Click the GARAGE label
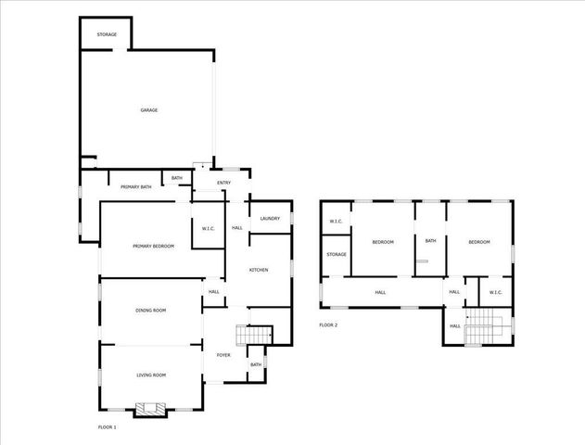pos(148,110)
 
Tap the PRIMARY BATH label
pos(135,187)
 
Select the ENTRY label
pos(223,183)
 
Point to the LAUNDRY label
pos(270,218)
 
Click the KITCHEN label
pos(259,270)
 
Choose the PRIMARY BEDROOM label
pos(153,246)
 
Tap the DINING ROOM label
pos(150,310)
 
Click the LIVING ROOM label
pos(150,375)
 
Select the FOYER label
pos(223,355)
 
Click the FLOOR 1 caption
pos(108,426)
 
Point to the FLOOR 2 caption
pos(328,324)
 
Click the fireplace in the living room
pos(148,408)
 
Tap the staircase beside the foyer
pos(255,334)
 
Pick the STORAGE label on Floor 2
pos(337,254)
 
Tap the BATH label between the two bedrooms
pos(430,241)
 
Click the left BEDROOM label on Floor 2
pos(383,242)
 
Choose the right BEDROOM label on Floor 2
pos(478,242)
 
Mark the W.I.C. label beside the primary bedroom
pos(209,228)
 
